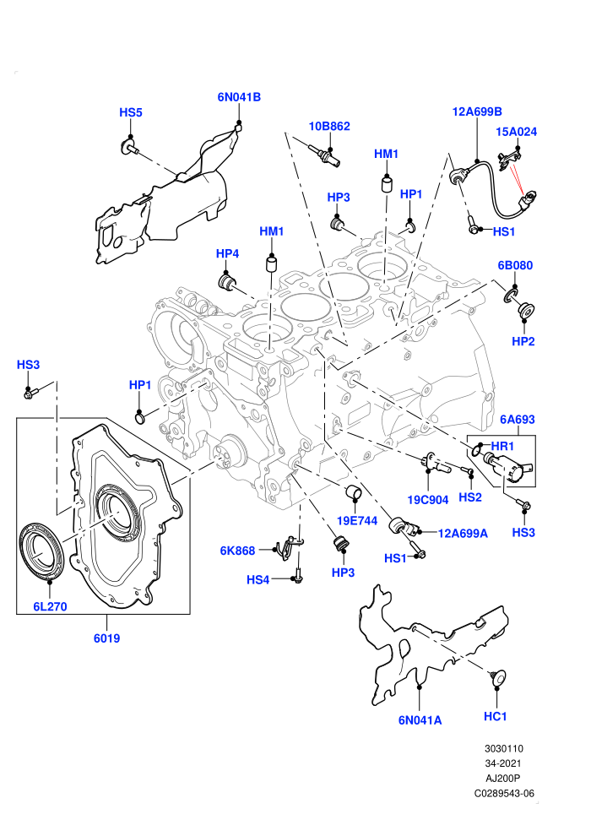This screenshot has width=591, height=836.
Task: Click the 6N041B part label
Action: click(x=239, y=97)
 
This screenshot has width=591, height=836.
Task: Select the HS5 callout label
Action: click(x=131, y=112)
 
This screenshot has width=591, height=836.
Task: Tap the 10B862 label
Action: click(x=329, y=127)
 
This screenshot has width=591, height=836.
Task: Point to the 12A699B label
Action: click(x=477, y=111)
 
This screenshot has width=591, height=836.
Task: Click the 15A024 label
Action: click(x=517, y=132)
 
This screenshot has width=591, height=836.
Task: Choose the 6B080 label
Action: click(x=515, y=265)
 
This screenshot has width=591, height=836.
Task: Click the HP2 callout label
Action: click(x=523, y=341)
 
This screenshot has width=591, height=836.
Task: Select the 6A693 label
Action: click(x=518, y=420)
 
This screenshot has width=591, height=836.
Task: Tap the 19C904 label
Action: click(x=428, y=500)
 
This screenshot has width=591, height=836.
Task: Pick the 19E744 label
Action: click(x=357, y=521)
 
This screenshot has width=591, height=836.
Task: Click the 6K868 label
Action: click(x=238, y=551)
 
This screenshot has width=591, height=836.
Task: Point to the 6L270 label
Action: click(x=50, y=607)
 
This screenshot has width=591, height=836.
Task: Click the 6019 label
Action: click(x=106, y=638)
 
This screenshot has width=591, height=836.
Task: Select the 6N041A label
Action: click(x=420, y=720)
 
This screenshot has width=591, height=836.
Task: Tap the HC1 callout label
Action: click(x=495, y=717)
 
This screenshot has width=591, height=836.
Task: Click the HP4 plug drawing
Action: click(x=226, y=282)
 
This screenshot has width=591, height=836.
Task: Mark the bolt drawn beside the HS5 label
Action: click(x=130, y=147)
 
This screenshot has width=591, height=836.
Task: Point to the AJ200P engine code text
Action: click(x=502, y=779)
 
